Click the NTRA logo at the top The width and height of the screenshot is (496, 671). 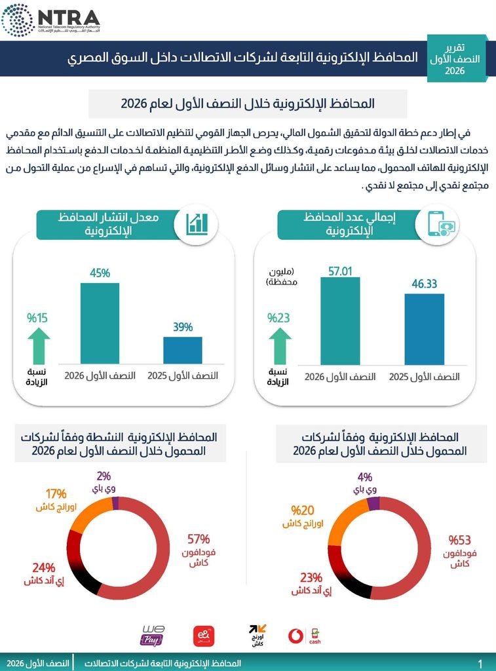(50, 20)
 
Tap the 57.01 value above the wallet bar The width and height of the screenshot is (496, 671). (340, 271)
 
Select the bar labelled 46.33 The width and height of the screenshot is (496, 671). (424, 329)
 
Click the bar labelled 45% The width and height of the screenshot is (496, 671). (100, 323)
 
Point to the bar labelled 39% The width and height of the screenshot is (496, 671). (183, 350)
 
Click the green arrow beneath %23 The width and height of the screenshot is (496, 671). (280, 346)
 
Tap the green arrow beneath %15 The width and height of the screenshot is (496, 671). (39, 346)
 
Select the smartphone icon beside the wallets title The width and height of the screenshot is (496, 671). (441, 224)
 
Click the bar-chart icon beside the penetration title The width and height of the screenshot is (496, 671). (197, 224)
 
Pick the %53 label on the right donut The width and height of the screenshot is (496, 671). (459, 540)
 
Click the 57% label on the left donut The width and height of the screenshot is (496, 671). (199, 539)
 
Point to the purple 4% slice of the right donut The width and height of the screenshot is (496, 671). (373, 504)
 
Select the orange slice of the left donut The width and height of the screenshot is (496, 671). (92, 512)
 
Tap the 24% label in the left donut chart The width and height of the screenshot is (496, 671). (44, 568)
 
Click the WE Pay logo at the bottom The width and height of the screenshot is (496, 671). (153, 636)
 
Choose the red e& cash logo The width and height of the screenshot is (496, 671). (204, 636)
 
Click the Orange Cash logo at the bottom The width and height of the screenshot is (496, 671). (258, 636)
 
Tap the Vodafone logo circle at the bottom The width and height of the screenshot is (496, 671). (296, 636)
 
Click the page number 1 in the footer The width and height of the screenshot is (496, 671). (480, 664)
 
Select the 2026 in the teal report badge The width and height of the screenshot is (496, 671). (455, 71)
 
